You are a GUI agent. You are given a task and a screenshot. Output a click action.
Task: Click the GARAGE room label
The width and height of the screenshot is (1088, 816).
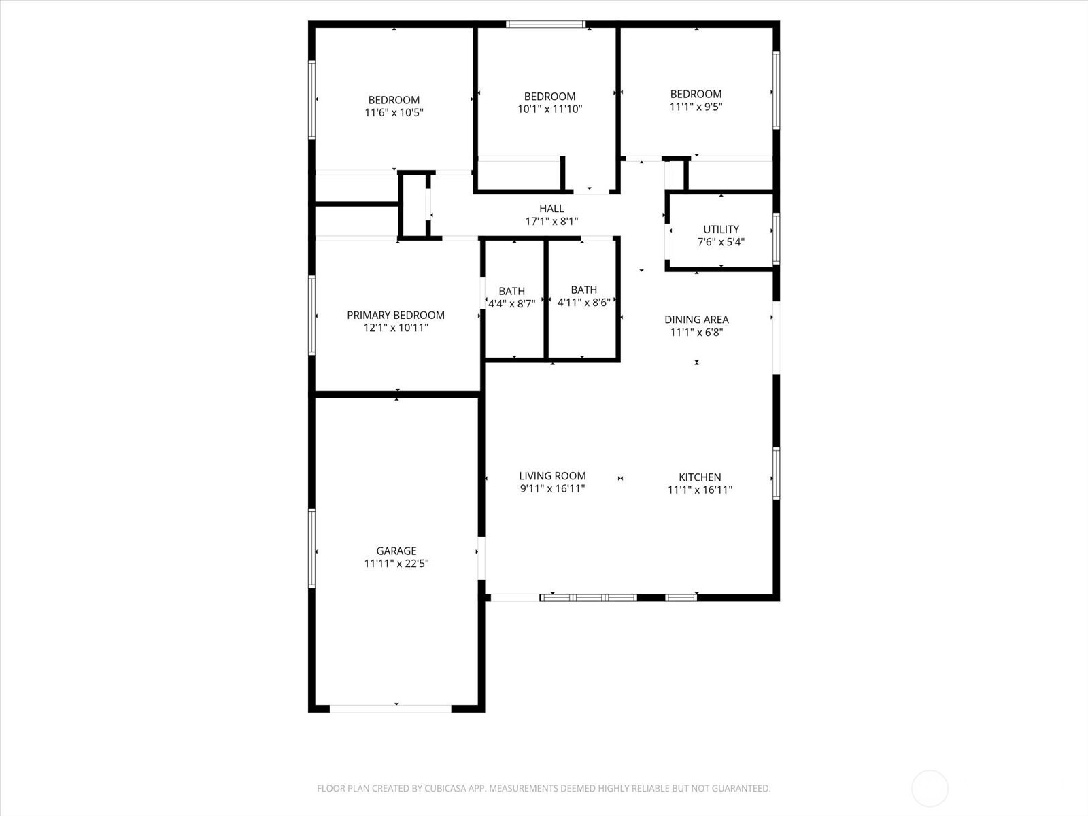point(396,550)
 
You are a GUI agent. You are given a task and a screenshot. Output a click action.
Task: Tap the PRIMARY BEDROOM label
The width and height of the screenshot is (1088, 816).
point(396,315)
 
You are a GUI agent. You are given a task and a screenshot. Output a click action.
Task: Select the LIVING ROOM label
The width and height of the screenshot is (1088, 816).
point(552,475)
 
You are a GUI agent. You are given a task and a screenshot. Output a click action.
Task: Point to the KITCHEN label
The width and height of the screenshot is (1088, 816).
point(700,477)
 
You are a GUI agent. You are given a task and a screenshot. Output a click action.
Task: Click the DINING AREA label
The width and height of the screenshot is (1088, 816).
point(696,320)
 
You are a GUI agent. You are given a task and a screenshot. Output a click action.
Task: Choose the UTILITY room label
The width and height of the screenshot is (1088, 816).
point(721,229)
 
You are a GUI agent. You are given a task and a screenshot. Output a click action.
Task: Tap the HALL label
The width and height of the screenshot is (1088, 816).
point(551,209)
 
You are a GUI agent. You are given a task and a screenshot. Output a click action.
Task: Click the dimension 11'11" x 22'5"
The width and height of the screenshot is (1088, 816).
point(396,563)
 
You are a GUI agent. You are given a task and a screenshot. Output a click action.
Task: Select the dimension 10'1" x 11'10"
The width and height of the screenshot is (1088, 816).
point(549,109)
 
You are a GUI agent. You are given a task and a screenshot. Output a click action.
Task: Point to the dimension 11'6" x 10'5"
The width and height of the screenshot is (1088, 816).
point(394,112)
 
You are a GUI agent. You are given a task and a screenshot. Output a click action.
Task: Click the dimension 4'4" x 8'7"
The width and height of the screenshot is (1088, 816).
point(511,304)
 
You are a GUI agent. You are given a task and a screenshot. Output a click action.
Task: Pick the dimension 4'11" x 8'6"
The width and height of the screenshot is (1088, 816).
point(583,302)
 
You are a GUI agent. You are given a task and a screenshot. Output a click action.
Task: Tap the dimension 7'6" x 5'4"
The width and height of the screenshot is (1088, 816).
point(721,242)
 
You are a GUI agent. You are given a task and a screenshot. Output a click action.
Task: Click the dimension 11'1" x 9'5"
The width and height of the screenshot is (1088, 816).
point(696,107)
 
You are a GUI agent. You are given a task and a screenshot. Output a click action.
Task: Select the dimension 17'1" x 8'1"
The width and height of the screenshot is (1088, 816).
point(551,222)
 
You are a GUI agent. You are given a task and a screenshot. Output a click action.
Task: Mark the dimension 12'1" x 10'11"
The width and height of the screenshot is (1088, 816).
point(396,328)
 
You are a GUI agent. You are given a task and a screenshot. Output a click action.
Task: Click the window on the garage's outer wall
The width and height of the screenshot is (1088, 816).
point(311,548)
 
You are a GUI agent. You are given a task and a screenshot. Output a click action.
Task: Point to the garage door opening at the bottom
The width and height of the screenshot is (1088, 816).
point(390,709)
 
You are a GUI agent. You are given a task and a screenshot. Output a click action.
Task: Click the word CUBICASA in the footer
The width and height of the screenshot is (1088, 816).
point(445,788)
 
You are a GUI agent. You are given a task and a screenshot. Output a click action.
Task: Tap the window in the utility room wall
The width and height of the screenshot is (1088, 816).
point(777,238)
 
